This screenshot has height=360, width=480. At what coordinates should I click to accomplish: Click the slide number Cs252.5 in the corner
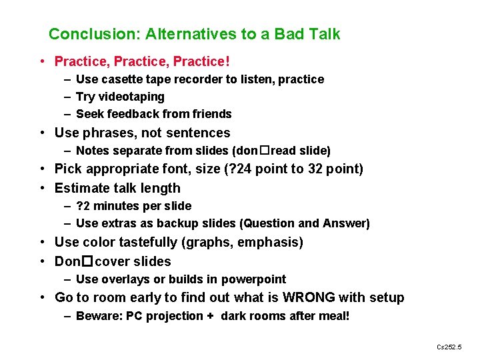click(449, 347)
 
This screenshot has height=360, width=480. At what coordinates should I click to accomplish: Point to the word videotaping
click(132, 97)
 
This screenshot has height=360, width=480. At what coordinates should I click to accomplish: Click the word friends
click(212, 114)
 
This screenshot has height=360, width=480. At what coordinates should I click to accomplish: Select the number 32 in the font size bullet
click(316, 169)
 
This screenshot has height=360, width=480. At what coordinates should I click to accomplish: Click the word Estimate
click(83, 188)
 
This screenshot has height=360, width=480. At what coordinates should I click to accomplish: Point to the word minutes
click(119, 206)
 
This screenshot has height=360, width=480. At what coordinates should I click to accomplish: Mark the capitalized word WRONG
click(309, 297)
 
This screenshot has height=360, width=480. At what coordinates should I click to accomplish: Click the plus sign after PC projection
click(210, 316)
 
